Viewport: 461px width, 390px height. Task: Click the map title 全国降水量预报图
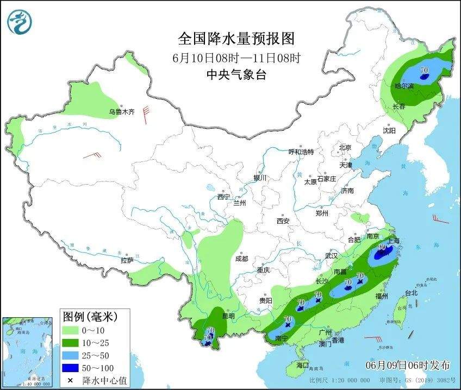(x=236, y=39)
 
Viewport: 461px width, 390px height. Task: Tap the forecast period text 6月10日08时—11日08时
(x=236, y=58)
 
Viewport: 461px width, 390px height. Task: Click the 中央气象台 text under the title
(x=236, y=76)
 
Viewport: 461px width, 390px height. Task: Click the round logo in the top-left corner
(x=20, y=22)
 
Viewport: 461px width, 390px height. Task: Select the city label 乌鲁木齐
(x=121, y=112)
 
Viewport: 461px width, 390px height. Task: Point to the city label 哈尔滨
(x=404, y=86)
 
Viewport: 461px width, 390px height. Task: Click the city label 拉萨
(x=127, y=261)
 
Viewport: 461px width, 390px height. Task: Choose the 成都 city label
(x=242, y=259)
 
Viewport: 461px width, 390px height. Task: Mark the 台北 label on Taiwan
(x=412, y=293)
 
